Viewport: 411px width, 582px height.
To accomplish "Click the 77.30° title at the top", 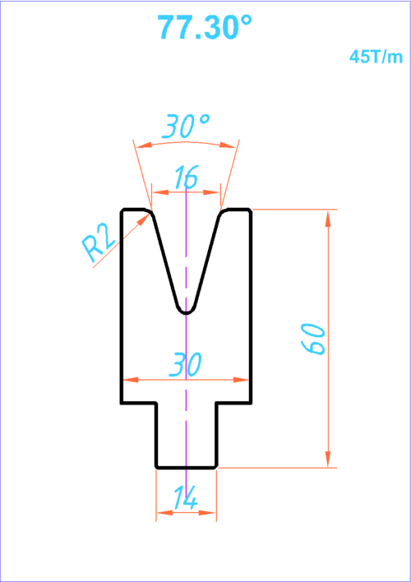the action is point(205,27).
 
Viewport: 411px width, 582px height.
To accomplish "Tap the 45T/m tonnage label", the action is point(376,58).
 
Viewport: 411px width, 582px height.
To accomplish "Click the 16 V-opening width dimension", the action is point(186,177).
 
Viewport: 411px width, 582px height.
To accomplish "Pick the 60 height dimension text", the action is point(313,339).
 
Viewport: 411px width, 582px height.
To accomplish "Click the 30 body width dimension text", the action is point(185,364).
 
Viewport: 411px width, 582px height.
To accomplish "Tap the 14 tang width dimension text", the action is point(185,498).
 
